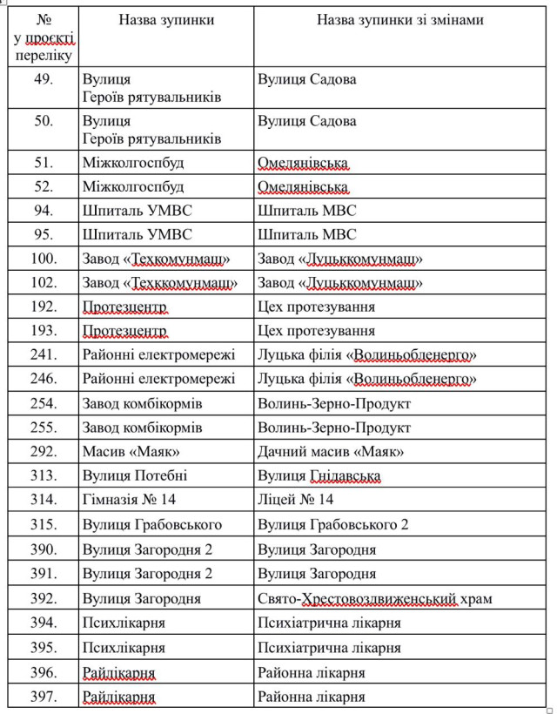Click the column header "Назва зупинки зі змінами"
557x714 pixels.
399,20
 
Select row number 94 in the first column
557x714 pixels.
44,211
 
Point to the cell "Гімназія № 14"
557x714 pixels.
127,501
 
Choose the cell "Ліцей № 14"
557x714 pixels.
296,501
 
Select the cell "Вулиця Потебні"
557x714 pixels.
135,476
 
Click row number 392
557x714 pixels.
44,599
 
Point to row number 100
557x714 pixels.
44,259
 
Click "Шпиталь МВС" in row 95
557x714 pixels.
306,235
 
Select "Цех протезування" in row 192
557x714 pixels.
316,307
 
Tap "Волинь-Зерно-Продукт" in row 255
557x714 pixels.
334,428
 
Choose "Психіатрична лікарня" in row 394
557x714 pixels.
329,623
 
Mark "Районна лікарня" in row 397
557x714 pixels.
311,697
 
